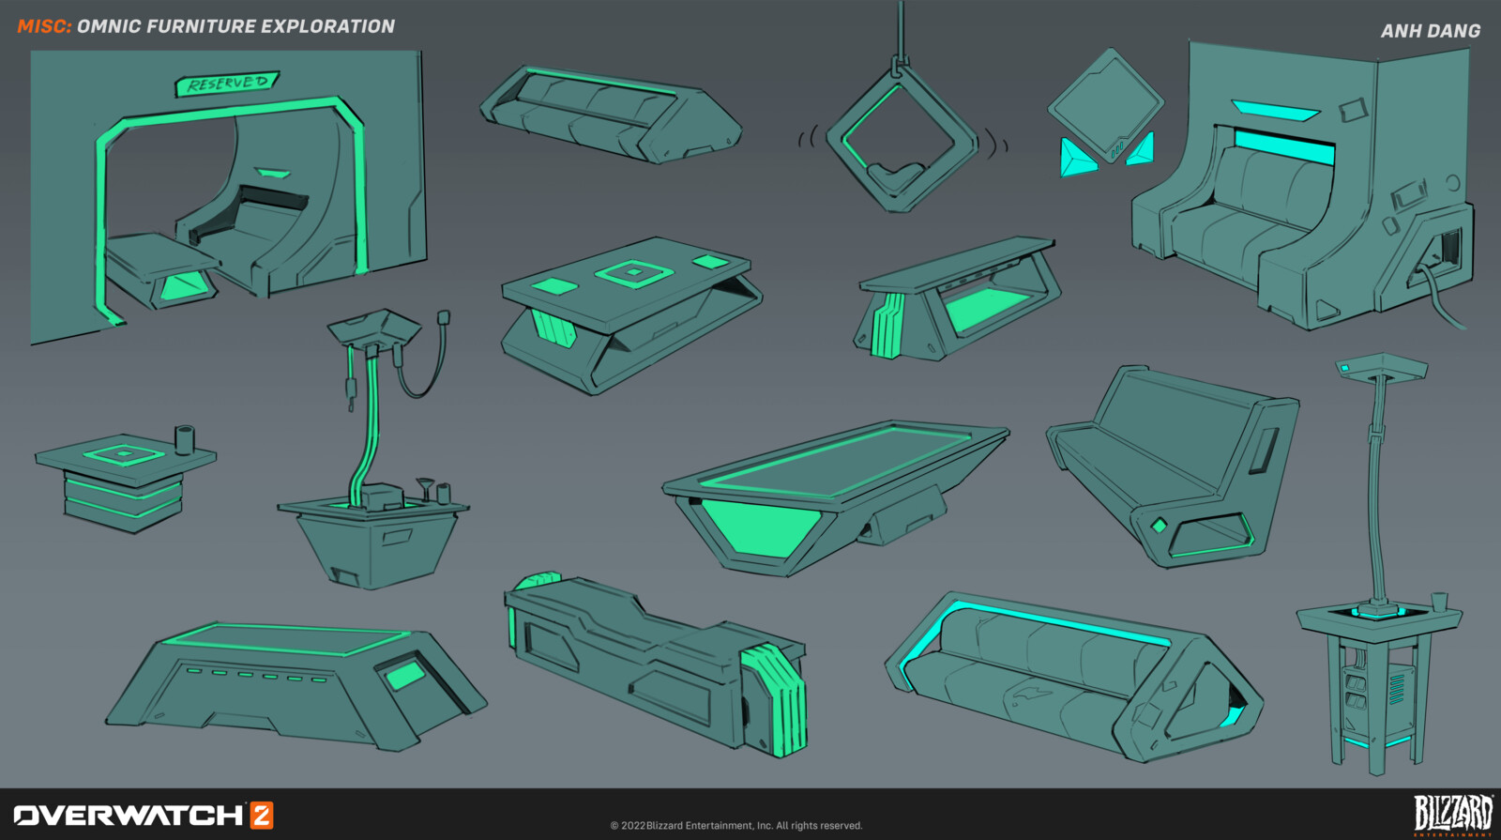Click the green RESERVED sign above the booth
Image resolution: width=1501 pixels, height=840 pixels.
226,84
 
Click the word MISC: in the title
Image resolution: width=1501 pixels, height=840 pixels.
44,26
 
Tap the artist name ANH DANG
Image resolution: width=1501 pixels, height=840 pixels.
1431,31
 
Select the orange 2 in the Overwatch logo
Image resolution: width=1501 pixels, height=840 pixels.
262,816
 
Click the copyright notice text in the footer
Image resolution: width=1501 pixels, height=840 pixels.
736,825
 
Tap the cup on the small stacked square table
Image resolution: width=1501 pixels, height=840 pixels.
184,439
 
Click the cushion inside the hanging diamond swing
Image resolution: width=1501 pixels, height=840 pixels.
896,176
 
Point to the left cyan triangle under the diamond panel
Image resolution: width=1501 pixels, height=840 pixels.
1076,159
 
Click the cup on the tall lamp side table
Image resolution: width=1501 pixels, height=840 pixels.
1439,602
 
